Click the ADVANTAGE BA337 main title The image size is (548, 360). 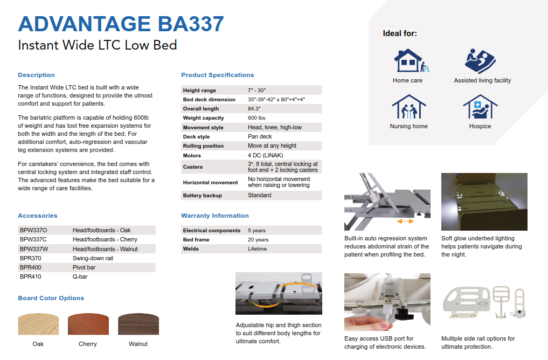tap(121, 24)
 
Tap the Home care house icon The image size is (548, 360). tap(411, 60)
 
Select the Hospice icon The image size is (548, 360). tap(480, 107)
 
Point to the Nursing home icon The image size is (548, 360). tap(409, 107)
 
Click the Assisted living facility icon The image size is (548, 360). tap(480, 61)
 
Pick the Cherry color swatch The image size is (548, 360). tap(88, 324)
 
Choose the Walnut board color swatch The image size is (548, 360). tap(138, 324)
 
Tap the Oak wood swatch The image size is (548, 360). tap(38, 324)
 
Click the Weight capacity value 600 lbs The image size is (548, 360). tap(256, 118)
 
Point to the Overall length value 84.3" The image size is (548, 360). tap(254, 109)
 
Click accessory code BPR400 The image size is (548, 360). tap(30, 267)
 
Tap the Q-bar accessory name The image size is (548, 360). tap(80, 276)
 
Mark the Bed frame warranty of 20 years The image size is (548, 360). tap(258, 240)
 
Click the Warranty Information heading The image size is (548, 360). tap(215, 216)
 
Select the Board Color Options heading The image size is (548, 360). tap(51, 298)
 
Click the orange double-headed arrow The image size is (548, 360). tap(405, 221)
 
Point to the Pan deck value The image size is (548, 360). tap(260, 136)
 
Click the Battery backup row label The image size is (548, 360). tap(203, 196)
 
